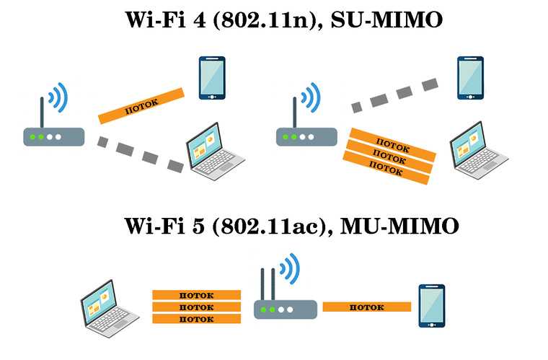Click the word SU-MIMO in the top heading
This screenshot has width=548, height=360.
click(x=387, y=20)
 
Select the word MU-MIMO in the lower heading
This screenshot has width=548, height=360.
click(x=399, y=226)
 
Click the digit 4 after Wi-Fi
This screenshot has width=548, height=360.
click(x=199, y=20)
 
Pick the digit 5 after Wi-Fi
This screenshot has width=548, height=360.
click(x=198, y=226)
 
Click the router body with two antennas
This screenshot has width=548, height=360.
click(x=286, y=309)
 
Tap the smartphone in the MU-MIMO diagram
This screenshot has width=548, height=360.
click(x=432, y=306)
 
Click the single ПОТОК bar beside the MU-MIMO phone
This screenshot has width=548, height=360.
click(x=366, y=307)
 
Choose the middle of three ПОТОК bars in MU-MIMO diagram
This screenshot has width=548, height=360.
click(x=196, y=307)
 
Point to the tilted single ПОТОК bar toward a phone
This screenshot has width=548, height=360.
click(x=141, y=106)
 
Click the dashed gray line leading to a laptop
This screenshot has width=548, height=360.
click(x=141, y=154)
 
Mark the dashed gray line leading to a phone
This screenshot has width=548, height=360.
click(x=394, y=95)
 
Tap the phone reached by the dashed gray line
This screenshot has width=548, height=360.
click(x=470, y=78)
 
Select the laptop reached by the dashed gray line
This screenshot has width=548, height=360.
click(x=215, y=151)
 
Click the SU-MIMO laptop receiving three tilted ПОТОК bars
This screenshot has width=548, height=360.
click(x=479, y=150)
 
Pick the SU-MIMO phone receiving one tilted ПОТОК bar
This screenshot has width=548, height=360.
click(x=212, y=78)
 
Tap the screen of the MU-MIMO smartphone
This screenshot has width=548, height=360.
click(x=432, y=304)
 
